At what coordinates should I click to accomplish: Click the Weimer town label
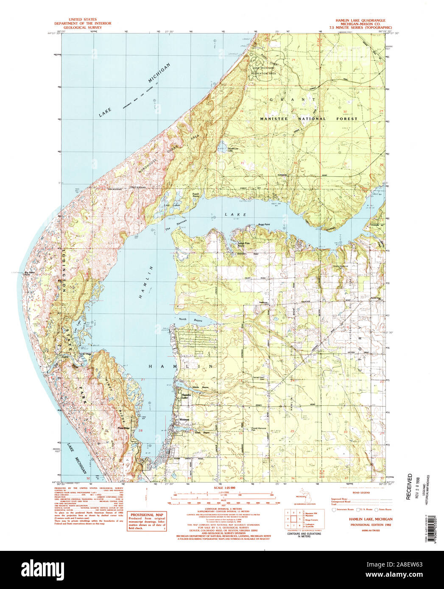click(184, 420)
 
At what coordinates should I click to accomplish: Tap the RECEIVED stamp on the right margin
click(409, 487)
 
